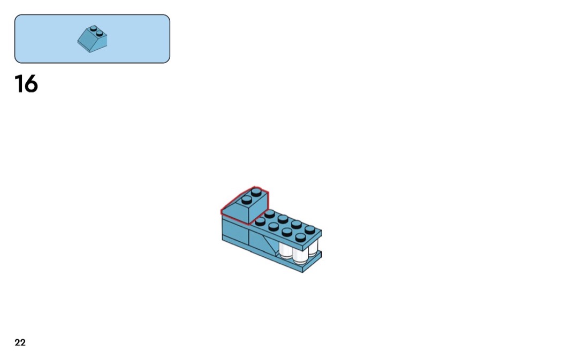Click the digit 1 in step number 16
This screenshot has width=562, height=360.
pos(18,84)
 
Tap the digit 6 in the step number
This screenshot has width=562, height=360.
pos(31,84)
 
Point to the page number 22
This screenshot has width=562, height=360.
pos(20,343)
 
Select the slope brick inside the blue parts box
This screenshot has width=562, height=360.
pos(93,39)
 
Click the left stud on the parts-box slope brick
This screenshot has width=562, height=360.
pos(94,29)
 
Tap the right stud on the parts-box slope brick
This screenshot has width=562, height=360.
pos(100,33)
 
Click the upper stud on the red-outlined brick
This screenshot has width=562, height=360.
pos(256,193)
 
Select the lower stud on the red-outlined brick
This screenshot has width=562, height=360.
pos(247,200)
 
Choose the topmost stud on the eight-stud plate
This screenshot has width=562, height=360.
pos(270,213)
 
